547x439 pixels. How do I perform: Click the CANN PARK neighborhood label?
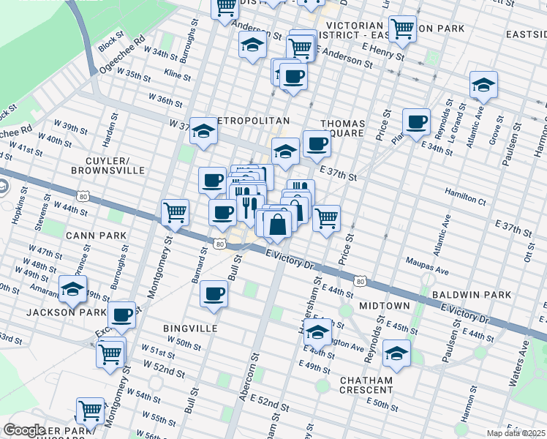click(x=97, y=236)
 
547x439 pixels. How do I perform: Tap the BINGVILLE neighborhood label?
click(x=191, y=329)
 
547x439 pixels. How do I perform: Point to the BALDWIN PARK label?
click(x=471, y=295)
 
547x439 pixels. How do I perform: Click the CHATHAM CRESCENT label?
click(x=366, y=385)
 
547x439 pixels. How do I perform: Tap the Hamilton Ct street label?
click(x=466, y=200)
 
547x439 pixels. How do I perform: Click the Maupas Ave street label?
click(x=428, y=270)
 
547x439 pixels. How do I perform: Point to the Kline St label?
click(x=177, y=76)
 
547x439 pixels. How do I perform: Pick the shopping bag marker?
click(x=278, y=225)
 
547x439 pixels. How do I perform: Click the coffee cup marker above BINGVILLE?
click(x=214, y=293)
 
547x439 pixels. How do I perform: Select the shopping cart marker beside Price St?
click(x=326, y=217)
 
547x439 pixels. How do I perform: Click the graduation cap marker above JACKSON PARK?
click(x=73, y=290)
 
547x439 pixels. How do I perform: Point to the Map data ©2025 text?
click(x=515, y=433)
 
